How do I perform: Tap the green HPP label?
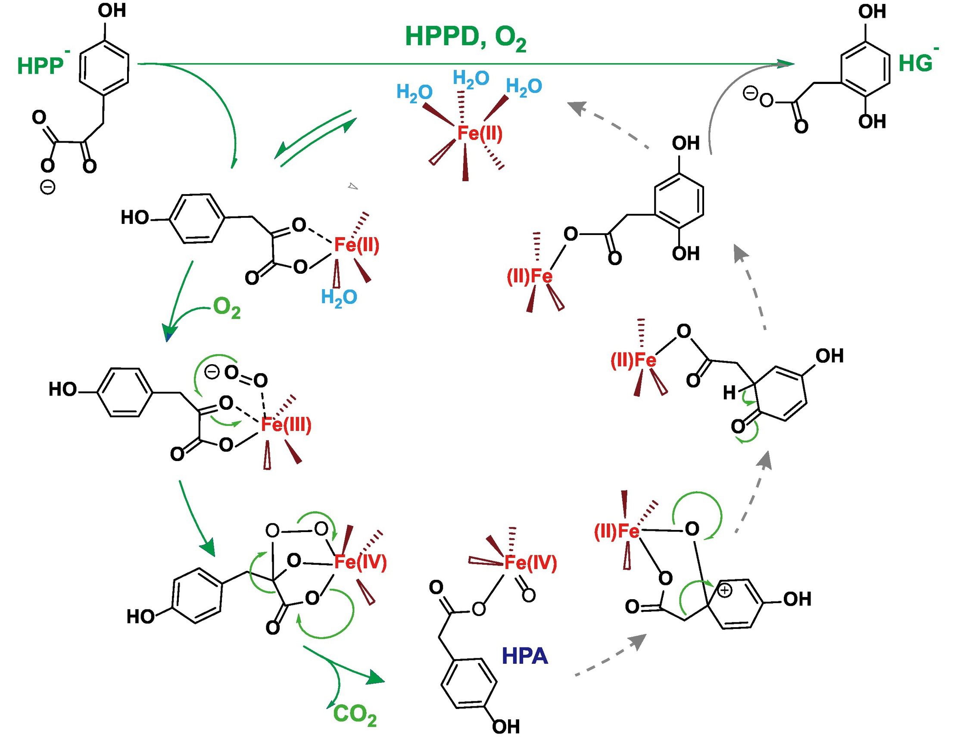coord(41,67)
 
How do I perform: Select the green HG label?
coord(915,63)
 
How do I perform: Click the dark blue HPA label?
coord(524,656)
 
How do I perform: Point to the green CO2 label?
coord(355,715)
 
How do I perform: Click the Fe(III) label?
coord(286,424)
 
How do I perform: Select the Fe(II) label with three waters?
coord(480,133)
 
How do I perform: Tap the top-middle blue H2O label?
coord(471,79)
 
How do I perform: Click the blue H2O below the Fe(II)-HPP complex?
coord(339,298)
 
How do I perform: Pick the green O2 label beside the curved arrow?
coord(227,308)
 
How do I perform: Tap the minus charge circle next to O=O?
coord(212,372)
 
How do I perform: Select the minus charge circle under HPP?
coord(48,188)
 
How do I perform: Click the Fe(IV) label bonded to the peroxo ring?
coord(360,562)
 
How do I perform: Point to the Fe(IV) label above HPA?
coord(530,563)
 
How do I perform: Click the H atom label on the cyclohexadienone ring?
coord(729,393)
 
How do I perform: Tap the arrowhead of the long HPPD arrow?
coord(786,64)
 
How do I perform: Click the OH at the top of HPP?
coord(112,10)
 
